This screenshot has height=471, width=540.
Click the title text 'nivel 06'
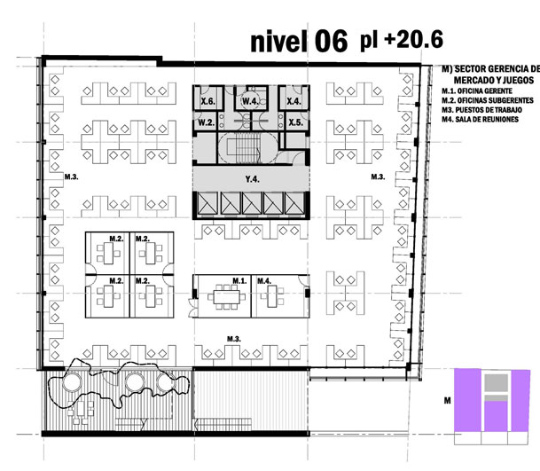click(x=299, y=42)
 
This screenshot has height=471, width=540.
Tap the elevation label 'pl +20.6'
click(x=402, y=40)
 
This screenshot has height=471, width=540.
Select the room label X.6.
click(x=207, y=101)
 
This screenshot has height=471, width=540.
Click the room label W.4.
click(x=250, y=101)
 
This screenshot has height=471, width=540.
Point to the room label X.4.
click(x=293, y=101)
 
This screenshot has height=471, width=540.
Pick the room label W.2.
click(x=207, y=122)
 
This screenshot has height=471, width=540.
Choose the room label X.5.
click(x=296, y=122)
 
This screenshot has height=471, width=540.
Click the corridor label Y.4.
click(x=252, y=179)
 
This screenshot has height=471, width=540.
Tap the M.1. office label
click(x=239, y=281)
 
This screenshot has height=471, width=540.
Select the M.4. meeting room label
click(x=264, y=281)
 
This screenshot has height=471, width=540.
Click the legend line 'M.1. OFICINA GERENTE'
click(x=477, y=91)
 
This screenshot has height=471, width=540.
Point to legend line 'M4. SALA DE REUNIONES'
click(x=480, y=119)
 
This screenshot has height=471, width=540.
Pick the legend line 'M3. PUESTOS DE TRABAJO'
click(x=481, y=110)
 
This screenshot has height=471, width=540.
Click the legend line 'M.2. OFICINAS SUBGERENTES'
click(x=488, y=100)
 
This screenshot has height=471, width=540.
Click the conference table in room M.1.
click(x=226, y=297)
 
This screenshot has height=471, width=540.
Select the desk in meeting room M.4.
click(x=271, y=296)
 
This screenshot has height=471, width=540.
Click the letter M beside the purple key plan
click(x=448, y=401)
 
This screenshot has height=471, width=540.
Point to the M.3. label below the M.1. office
click(x=234, y=339)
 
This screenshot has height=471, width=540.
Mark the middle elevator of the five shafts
click(x=252, y=203)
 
